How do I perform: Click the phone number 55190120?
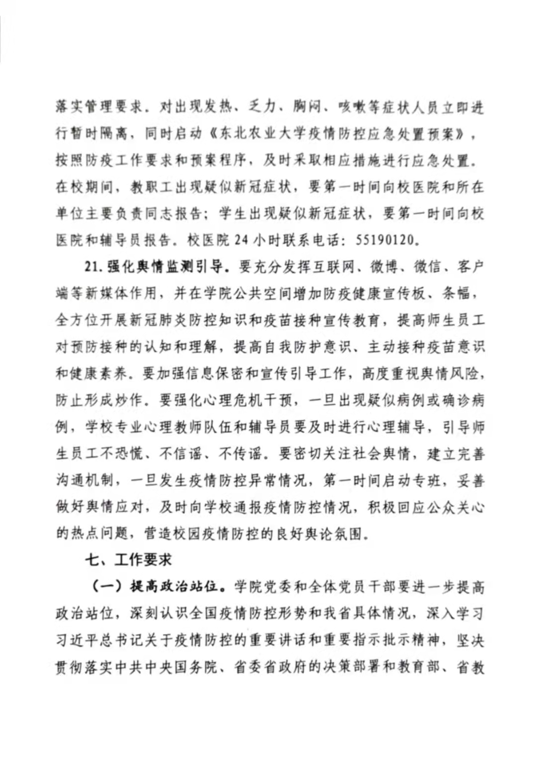pos(385,240)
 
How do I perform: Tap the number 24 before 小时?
pos(241,240)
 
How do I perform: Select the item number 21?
pos(93,267)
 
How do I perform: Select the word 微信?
pos(427,267)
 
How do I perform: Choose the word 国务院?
pos(203,667)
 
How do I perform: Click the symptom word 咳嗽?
pos(352,107)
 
